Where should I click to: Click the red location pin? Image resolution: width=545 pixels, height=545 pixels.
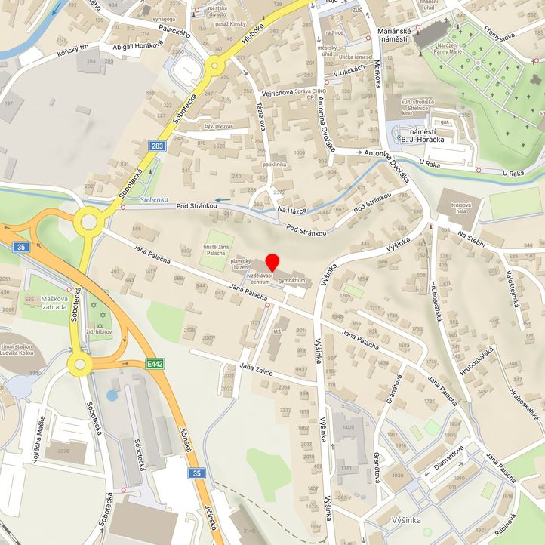(x=272, y=263)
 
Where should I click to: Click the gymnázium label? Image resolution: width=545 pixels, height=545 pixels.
(x=291, y=280)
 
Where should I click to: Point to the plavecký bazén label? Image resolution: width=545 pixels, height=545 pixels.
(x=241, y=263)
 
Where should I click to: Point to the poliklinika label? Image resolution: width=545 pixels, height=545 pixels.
(x=274, y=164)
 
